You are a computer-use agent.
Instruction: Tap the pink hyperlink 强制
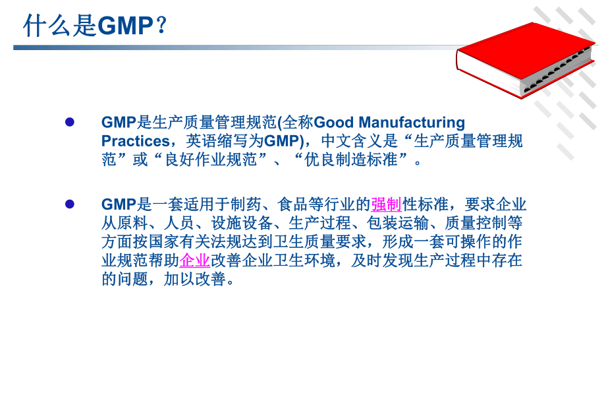387,204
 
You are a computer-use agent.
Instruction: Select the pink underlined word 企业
195,260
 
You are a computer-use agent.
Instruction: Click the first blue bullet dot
70,122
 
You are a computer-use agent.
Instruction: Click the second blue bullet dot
70,204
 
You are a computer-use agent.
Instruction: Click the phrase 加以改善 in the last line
198,279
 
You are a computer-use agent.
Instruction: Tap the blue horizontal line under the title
198,47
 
